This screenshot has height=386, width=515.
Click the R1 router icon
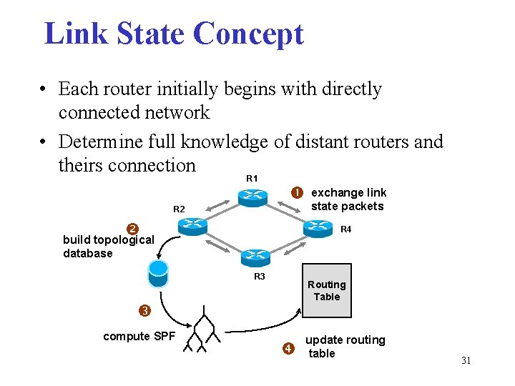point(252,197)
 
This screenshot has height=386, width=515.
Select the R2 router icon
point(192,225)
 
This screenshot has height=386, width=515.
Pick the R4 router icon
point(318,227)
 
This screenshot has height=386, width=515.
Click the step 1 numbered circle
point(296,192)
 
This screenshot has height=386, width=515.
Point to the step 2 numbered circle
point(132,229)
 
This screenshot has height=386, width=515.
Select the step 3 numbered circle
point(144,310)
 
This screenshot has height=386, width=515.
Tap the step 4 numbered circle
point(288,349)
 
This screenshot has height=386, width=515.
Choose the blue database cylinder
point(158,272)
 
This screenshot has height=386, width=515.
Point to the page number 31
point(466,360)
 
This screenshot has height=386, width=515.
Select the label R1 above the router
point(252,177)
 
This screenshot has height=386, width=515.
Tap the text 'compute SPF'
point(139,336)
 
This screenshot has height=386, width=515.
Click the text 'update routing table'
point(345,347)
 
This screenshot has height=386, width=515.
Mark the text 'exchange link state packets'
point(348,199)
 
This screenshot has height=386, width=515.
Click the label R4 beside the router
point(345,229)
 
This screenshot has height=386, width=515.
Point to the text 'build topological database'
point(108,246)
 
